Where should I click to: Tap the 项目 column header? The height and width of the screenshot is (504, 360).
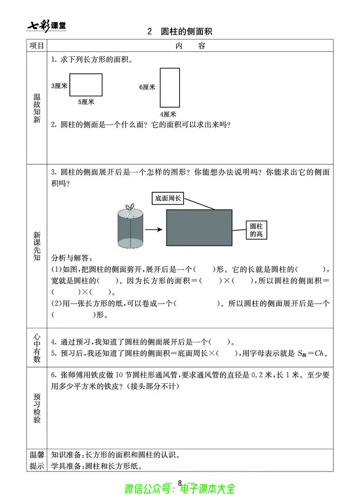point(37,46)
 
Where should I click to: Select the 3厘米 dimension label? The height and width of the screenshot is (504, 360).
point(59,86)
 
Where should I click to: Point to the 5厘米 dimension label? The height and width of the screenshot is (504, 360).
point(86,102)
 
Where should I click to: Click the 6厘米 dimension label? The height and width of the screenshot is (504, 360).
point(147,87)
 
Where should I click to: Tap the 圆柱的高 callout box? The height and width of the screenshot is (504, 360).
point(256,229)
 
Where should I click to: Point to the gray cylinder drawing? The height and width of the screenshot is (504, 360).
point(130,230)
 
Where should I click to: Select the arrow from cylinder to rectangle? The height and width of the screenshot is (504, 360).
point(154,229)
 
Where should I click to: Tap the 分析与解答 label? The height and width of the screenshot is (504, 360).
point(72,259)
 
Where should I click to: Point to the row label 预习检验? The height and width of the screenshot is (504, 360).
point(37,408)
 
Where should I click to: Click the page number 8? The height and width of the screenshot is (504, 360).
point(180,483)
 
